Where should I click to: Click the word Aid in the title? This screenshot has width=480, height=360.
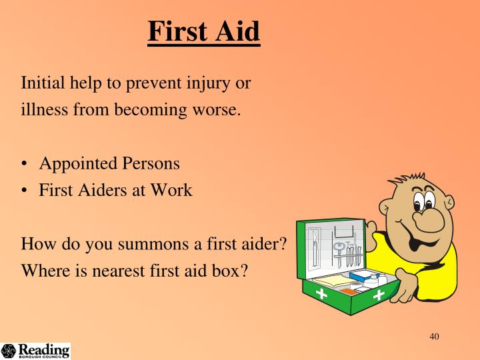pos(237,31)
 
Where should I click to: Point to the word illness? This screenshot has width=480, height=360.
pos(43,109)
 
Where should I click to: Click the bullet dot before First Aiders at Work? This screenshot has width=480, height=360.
pos(25,190)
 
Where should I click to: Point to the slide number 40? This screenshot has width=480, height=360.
pos(434,336)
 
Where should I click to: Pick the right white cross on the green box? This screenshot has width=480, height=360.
pos(379,294)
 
